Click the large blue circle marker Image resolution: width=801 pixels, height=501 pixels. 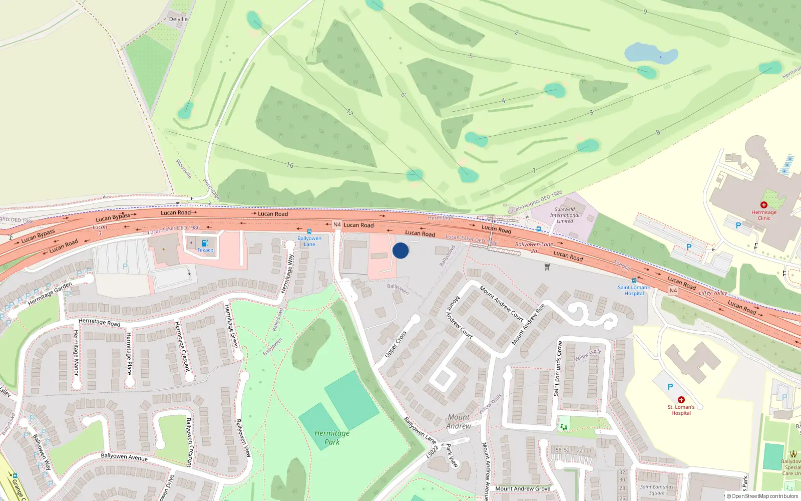tap(400, 250)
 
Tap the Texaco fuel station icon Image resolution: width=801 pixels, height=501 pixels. tap(205, 243)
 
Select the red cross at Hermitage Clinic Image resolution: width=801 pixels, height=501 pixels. tap(764, 205)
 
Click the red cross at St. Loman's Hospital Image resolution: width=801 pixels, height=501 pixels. tap(681, 400)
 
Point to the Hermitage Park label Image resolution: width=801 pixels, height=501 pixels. tap(332, 437)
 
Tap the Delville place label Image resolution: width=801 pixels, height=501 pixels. tap(178, 19)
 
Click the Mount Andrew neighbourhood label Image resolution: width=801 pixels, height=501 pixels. tap(459, 421)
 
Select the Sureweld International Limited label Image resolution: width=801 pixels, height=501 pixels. tap(565, 215)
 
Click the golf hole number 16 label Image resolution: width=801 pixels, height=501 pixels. tap(290, 165)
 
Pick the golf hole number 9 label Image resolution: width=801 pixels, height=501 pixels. tap(645, 12)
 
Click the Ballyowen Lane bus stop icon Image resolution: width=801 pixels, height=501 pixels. tap(309, 231)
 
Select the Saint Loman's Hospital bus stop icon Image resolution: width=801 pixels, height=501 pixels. tap(634, 281)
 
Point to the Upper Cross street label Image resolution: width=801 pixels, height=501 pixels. tap(395, 344)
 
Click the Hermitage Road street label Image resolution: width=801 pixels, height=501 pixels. tap(99, 322)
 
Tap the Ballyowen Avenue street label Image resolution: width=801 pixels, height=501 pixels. tap(124, 457)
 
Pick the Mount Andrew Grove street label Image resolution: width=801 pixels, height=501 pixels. tap(523, 488)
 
